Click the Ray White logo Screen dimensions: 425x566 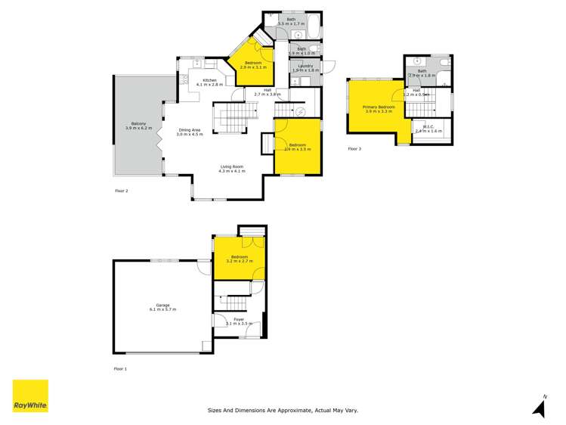[30, 396]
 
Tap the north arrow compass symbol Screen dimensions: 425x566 [540, 407]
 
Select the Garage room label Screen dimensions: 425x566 [162, 307]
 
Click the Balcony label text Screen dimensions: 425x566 [138, 126]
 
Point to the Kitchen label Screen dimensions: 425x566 [209, 82]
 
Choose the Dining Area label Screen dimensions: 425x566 [190, 131]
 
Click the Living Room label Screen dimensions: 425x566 [232, 168]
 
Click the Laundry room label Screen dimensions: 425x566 [305, 67]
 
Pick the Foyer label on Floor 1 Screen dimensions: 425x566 [239, 321]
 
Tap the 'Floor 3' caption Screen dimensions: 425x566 [354, 149]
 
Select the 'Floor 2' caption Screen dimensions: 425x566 [122, 191]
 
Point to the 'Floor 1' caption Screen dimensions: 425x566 [121, 368]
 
